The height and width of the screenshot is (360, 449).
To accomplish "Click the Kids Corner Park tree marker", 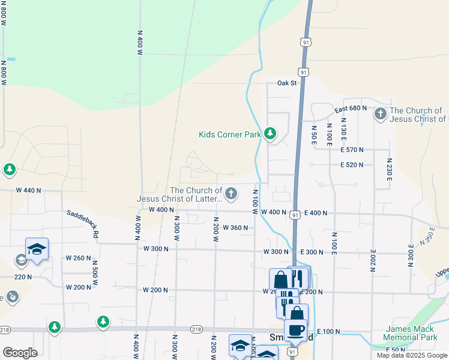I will pyautogui.click(x=270, y=133).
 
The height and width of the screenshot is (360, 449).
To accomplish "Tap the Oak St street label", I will pyautogui.click(x=287, y=83).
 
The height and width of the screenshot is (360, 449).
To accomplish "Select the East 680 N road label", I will pyautogui.click(x=351, y=109).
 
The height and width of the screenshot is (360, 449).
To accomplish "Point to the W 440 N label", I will pyautogui.click(x=28, y=190).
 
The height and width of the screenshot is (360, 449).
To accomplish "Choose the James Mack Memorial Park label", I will pyautogui.click(x=411, y=334).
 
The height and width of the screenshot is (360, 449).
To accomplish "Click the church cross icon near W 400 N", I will pyautogui.click(x=231, y=193).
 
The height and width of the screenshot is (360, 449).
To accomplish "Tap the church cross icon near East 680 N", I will pyautogui.click(x=380, y=113).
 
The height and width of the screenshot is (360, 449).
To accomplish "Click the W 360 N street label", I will pyautogui.click(x=235, y=228).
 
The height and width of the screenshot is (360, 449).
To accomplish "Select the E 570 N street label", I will pyautogui.click(x=352, y=150).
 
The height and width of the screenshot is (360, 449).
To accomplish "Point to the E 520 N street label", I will pyautogui.click(x=352, y=165).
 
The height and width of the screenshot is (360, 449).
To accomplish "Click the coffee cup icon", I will pyautogui.click(x=295, y=330).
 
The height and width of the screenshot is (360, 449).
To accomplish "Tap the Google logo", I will pyautogui.click(x=20, y=353).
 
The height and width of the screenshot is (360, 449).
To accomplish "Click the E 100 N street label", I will pyautogui.click(x=328, y=332).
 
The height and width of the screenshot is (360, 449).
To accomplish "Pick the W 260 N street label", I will pyautogui.click(x=79, y=259).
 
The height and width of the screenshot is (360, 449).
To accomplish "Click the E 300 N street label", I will pyautogui.click(x=310, y=252).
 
